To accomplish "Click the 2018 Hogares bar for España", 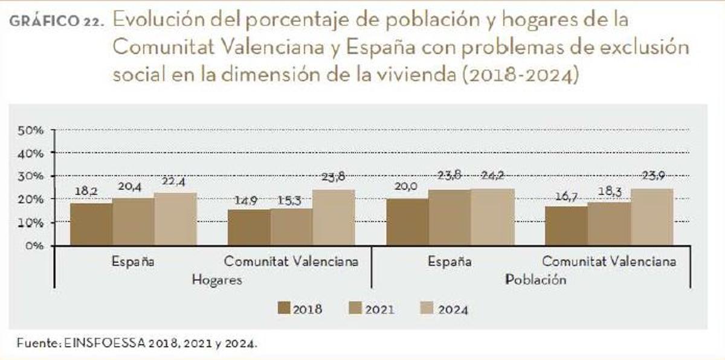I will (x=91, y=224).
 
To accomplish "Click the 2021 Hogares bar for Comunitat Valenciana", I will (x=291, y=227).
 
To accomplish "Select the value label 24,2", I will (x=491, y=176).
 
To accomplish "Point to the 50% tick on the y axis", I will (x=31, y=130).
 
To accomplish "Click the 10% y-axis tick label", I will (x=31, y=222).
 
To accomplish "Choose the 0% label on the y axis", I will (x=34, y=246).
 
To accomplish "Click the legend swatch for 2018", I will (x=284, y=308).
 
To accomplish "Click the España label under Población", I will (x=449, y=262).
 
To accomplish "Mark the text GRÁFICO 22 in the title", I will (x=55, y=21).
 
